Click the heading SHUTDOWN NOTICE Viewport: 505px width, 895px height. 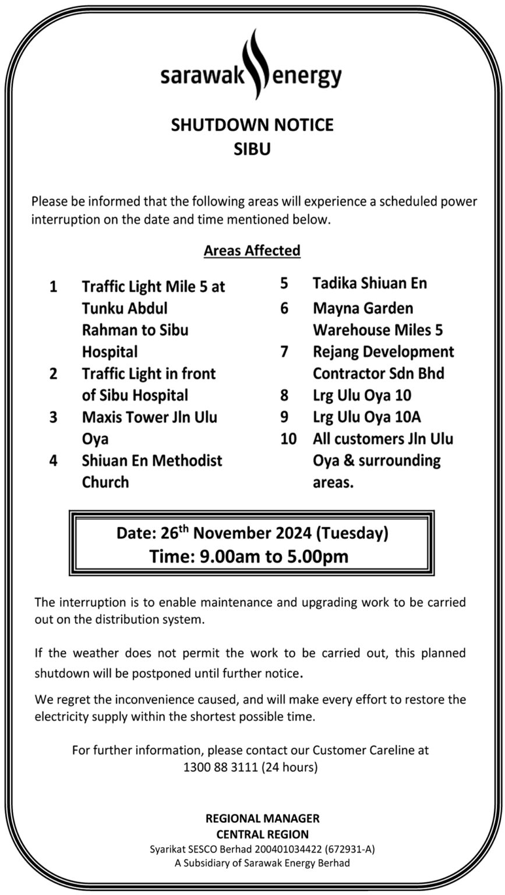252,125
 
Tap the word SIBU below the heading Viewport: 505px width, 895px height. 252,149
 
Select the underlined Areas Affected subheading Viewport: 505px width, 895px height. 252,251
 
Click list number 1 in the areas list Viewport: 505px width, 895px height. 54,287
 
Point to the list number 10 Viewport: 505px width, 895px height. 288,439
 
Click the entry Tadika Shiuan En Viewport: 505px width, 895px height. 370,283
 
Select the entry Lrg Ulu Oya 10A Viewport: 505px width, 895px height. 367,417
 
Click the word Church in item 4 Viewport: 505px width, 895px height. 105,482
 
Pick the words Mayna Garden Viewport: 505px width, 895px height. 363,308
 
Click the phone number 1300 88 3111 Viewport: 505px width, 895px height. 220,767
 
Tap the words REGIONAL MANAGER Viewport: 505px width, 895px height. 262,819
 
